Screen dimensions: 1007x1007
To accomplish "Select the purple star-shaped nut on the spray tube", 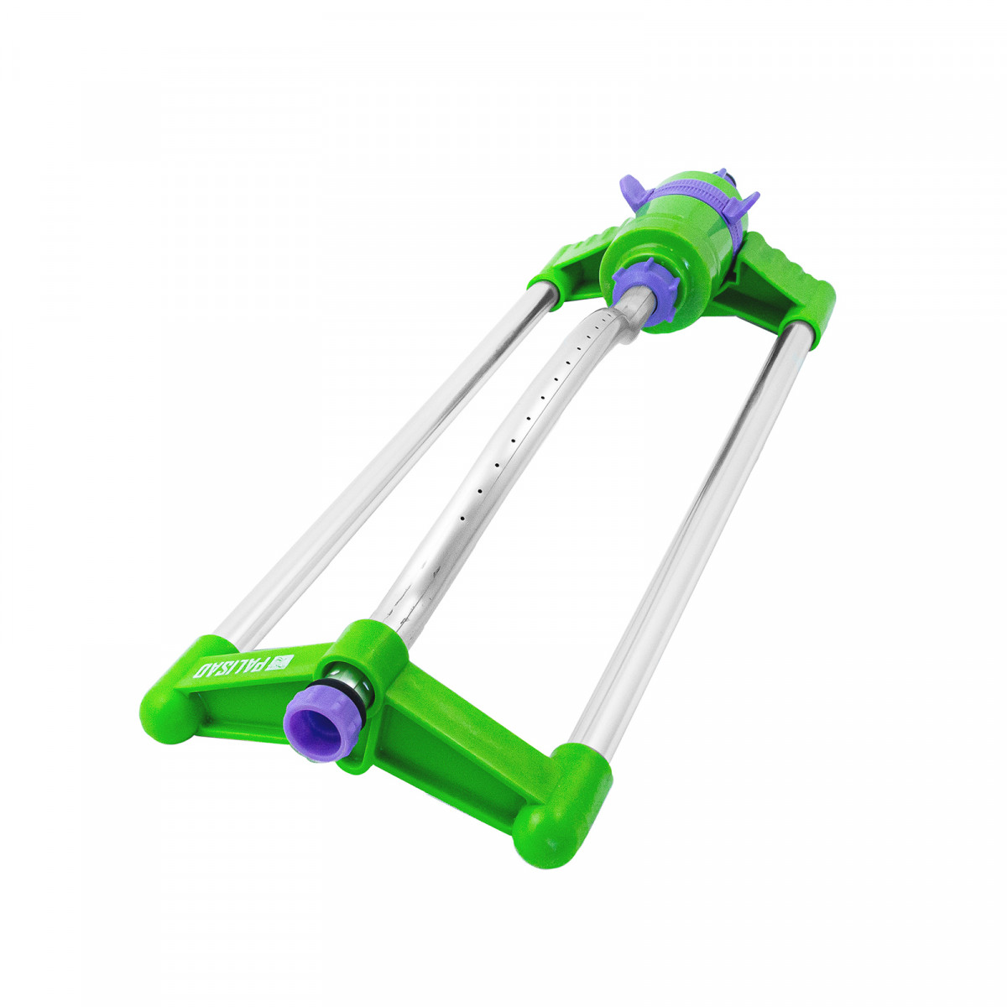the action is point(645,294).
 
